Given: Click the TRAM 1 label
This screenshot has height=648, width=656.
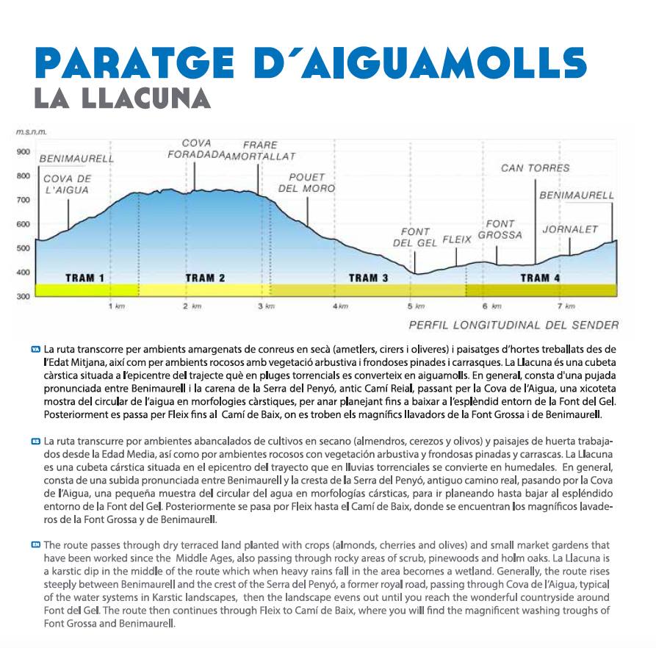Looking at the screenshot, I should coord(84,278).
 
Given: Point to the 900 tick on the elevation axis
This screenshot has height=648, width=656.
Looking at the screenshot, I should coord(23,152).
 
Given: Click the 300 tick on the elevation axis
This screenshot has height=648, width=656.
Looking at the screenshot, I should coord(23,296).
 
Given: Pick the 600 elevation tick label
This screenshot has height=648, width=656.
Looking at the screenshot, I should coord(23,224).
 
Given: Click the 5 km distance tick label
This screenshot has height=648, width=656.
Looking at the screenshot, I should coord(416,306).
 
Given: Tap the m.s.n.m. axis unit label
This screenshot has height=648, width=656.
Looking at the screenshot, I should coord(31,133).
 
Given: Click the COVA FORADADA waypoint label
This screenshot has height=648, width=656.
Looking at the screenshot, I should coord(196,149).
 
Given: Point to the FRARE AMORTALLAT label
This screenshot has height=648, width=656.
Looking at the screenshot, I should coord(259,151).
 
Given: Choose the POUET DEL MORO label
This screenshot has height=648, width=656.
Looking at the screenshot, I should coord(306,183).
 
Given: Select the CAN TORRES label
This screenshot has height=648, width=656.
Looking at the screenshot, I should coord(535,168).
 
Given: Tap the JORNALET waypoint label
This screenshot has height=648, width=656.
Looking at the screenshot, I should coord(570,229).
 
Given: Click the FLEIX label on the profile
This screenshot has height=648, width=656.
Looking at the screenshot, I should coord(457,240).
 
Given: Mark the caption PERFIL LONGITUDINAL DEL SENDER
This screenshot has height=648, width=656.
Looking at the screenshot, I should coord(513,325).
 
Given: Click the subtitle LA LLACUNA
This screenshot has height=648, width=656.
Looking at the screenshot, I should coord(122,98).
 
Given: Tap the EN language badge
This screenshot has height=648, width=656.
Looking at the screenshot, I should coord(35,544).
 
